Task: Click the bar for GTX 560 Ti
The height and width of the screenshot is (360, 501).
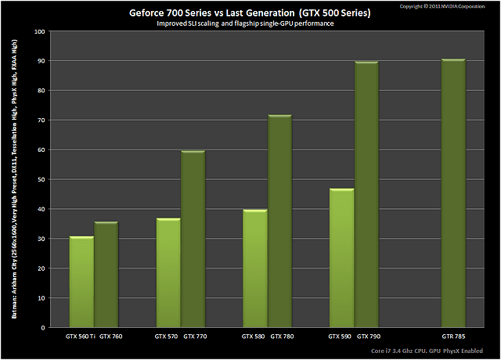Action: [81, 282]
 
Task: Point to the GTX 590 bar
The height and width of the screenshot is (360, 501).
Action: [341, 258]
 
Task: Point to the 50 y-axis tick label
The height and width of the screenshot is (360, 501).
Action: [41, 179]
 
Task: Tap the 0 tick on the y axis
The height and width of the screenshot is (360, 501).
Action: [43, 327]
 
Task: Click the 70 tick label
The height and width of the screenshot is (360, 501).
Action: [41, 121]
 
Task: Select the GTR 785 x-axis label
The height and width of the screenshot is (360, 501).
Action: [453, 337]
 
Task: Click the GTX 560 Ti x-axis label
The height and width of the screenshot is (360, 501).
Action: [81, 337]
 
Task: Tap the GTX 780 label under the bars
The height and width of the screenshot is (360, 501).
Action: [283, 337]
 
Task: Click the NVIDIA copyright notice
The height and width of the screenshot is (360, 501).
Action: [447, 5]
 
